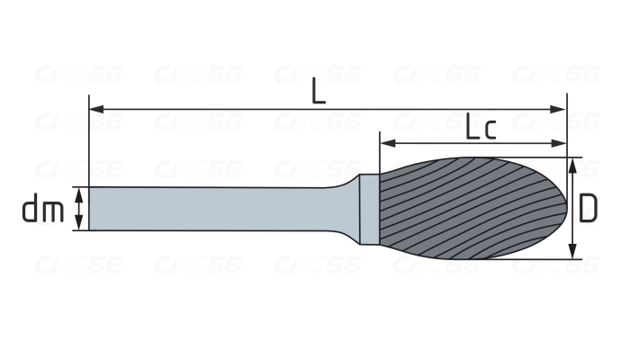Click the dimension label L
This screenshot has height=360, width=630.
click(x=319, y=92)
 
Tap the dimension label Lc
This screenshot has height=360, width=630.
click(x=481, y=126)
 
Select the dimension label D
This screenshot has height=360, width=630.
click(x=589, y=208)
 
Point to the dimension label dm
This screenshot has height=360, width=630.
click(x=43, y=208)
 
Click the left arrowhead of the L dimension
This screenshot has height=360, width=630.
click(x=96, y=109)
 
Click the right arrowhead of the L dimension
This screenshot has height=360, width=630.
click(x=558, y=109)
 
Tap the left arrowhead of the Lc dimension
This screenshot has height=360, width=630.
click(x=388, y=143)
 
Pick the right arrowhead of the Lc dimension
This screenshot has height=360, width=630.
click(x=559, y=143)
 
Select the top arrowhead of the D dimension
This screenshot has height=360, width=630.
click(x=573, y=166)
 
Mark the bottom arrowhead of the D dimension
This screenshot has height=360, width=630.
click(x=573, y=251)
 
